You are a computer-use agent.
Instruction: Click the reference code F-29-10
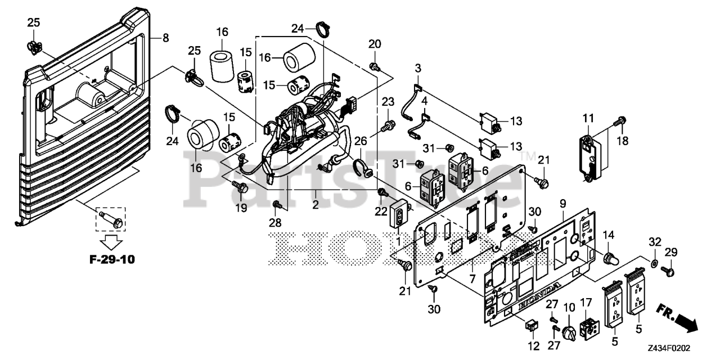pos(112,260)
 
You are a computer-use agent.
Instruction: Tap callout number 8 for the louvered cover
pos(165,38)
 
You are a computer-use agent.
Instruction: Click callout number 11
pos(588,119)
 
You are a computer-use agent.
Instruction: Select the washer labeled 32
pos(655,263)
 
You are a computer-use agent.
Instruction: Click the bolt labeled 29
pos(669,272)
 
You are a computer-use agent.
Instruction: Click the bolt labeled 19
pos(241,189)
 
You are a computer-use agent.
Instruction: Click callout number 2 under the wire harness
pos(316,205)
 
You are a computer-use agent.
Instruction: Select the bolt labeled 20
pos(373,67)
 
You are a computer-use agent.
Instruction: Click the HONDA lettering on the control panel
pos(538,295)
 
